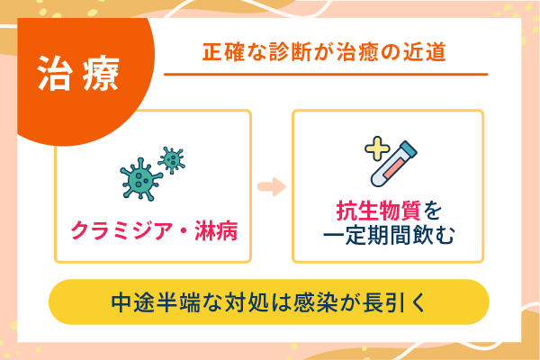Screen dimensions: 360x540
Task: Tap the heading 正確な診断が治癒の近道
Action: click(324, 52)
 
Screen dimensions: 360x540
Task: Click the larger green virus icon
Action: click(139, 178)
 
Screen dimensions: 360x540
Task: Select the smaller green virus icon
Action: click(170, 158)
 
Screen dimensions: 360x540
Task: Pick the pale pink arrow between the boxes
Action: click(271, 187)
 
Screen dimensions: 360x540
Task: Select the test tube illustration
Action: click(394, 163)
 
